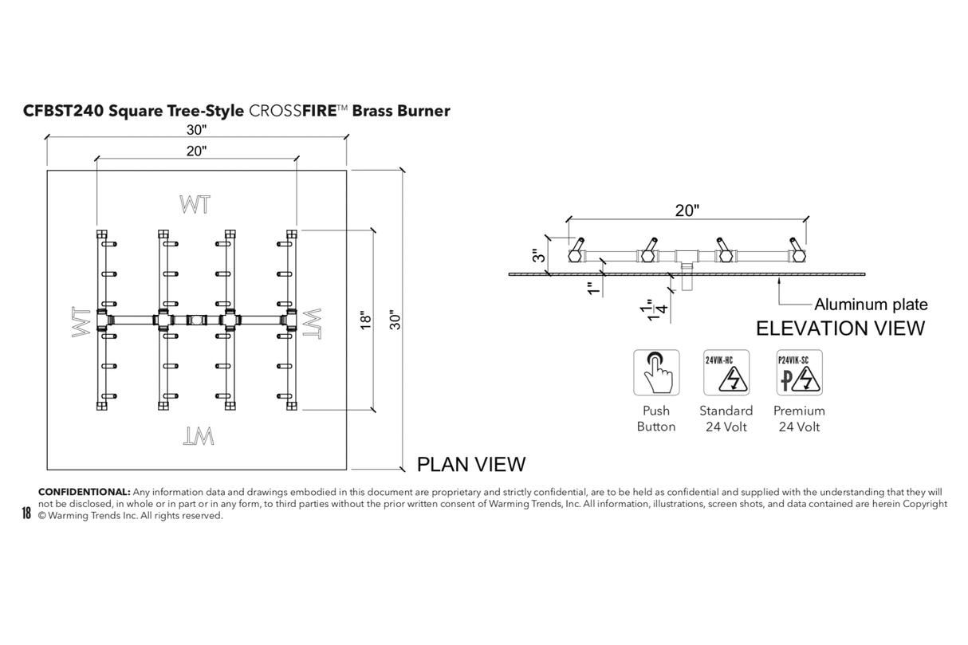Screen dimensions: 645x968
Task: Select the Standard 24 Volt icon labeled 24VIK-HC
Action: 726,372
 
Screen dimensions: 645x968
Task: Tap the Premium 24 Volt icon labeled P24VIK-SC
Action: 799,372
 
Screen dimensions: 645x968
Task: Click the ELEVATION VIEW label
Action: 840,328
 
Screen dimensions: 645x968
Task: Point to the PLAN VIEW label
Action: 471,464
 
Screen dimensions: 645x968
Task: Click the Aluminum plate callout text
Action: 871,304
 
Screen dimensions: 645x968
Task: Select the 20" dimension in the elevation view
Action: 687,210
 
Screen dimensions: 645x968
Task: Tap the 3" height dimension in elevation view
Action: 540,256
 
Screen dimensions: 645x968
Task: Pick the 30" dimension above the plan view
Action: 196,131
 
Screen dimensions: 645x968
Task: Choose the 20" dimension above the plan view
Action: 196,151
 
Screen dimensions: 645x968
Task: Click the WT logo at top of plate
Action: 195,204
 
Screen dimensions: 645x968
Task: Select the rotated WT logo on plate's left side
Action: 81,324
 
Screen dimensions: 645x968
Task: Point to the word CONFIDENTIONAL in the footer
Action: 84,492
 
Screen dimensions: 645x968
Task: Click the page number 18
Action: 26,513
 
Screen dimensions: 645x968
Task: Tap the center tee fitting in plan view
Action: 195,320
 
